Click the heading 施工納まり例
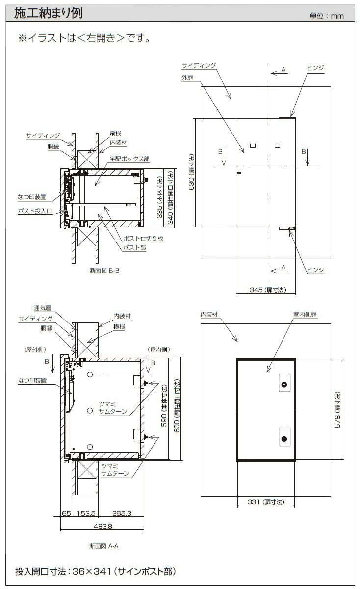tap(48, 13)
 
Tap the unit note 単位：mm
tap(327, 16)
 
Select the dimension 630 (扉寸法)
tap(192, 172)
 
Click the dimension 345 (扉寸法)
tap(268, 290)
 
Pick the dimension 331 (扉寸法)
tap(266, 502)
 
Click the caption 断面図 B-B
tap(104, 270)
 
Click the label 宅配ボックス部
tap(129, 159)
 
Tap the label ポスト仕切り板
tap(143, 238)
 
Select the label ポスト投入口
tap(35, 211)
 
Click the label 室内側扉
tap(305, 314)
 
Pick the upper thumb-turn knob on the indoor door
tap(284, 384)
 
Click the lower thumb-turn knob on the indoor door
tap(284, 439)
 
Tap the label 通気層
tap(43, 308)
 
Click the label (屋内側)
tap(159, 349)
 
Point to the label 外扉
tap(187, 78)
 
